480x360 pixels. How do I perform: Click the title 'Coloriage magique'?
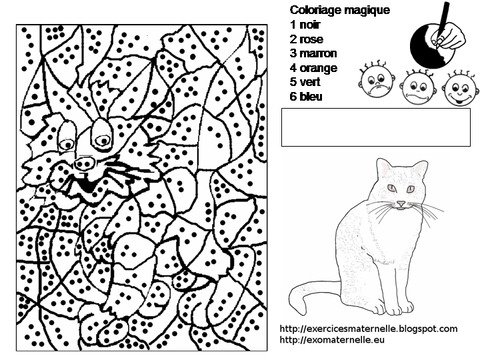pyautogui.click(x=340, y=10)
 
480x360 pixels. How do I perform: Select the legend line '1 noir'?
pyautogui.click(x=305, y=25)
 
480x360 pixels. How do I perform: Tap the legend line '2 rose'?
pyautogui.click(x=307, y=39)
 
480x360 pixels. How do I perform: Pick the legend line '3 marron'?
pyautogui.click(x=313, y=53)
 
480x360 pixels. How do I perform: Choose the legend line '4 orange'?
pyautogui.click(x=313, y=68)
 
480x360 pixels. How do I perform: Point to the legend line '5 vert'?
pyautogui.click(x=305, y=83)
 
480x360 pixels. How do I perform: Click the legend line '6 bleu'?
pyautogui.click(x=306, y=97)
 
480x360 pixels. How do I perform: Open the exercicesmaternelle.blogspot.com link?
pyautogui.click(x=369, y=329)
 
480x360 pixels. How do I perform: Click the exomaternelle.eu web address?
pyautogui.click(x=332, y=340)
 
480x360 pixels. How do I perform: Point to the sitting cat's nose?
pyautogui.click(x=401, y=201)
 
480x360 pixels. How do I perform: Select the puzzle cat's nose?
pyautogui.click(x=85, y=163)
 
